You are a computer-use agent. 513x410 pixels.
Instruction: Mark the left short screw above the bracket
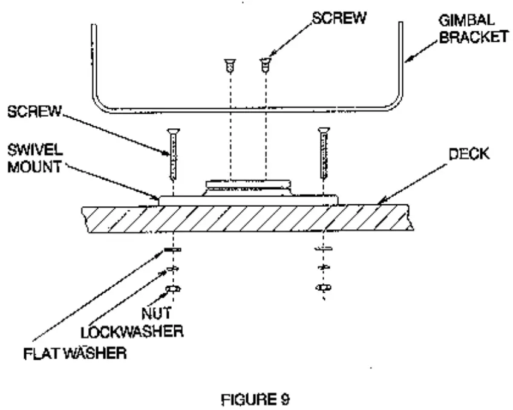[229, 64]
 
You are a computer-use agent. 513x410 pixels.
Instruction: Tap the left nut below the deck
[173, 289]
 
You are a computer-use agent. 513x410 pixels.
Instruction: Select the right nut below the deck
[321, 288]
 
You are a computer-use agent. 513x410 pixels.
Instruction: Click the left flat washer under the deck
[172, 249]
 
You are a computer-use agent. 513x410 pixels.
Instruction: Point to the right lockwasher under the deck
[321, 267]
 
